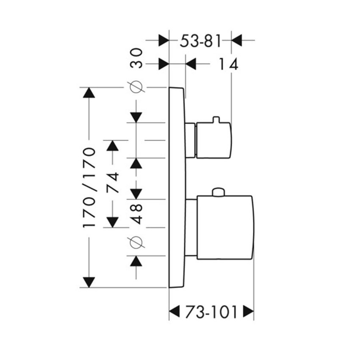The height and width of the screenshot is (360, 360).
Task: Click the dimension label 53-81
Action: tap(201, 42)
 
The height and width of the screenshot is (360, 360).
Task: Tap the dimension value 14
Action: tap(229, 64)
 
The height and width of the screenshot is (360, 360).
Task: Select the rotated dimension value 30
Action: tap(136, 58)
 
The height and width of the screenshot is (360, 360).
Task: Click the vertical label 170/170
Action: tap(90, 188)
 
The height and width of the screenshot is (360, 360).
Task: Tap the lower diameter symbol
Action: tap(136, 242)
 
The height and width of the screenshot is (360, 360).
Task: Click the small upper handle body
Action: tap(213, 140)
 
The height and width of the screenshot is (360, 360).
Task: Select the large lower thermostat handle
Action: tap(224, 227)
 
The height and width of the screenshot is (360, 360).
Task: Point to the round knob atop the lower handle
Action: tap(218, 193)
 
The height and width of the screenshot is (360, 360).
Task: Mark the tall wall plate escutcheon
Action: tap(177, 186)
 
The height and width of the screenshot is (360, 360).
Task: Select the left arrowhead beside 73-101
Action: tap(174, 313)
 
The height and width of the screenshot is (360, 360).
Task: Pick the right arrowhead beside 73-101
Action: tap(248, 313)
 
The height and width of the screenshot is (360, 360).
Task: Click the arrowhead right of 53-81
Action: tap(236, 41)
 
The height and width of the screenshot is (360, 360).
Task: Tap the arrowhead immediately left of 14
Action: tap(191, 64)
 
